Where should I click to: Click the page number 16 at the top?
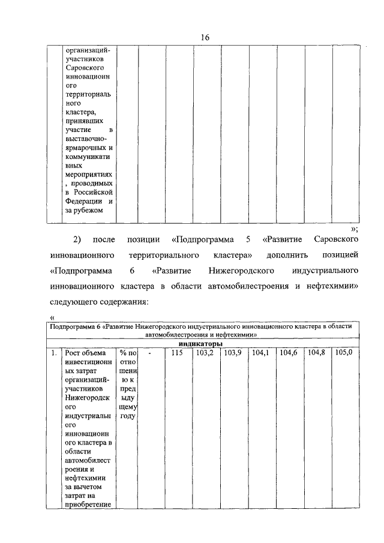click(205, 37)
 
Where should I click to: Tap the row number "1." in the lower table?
click(55, 353)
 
